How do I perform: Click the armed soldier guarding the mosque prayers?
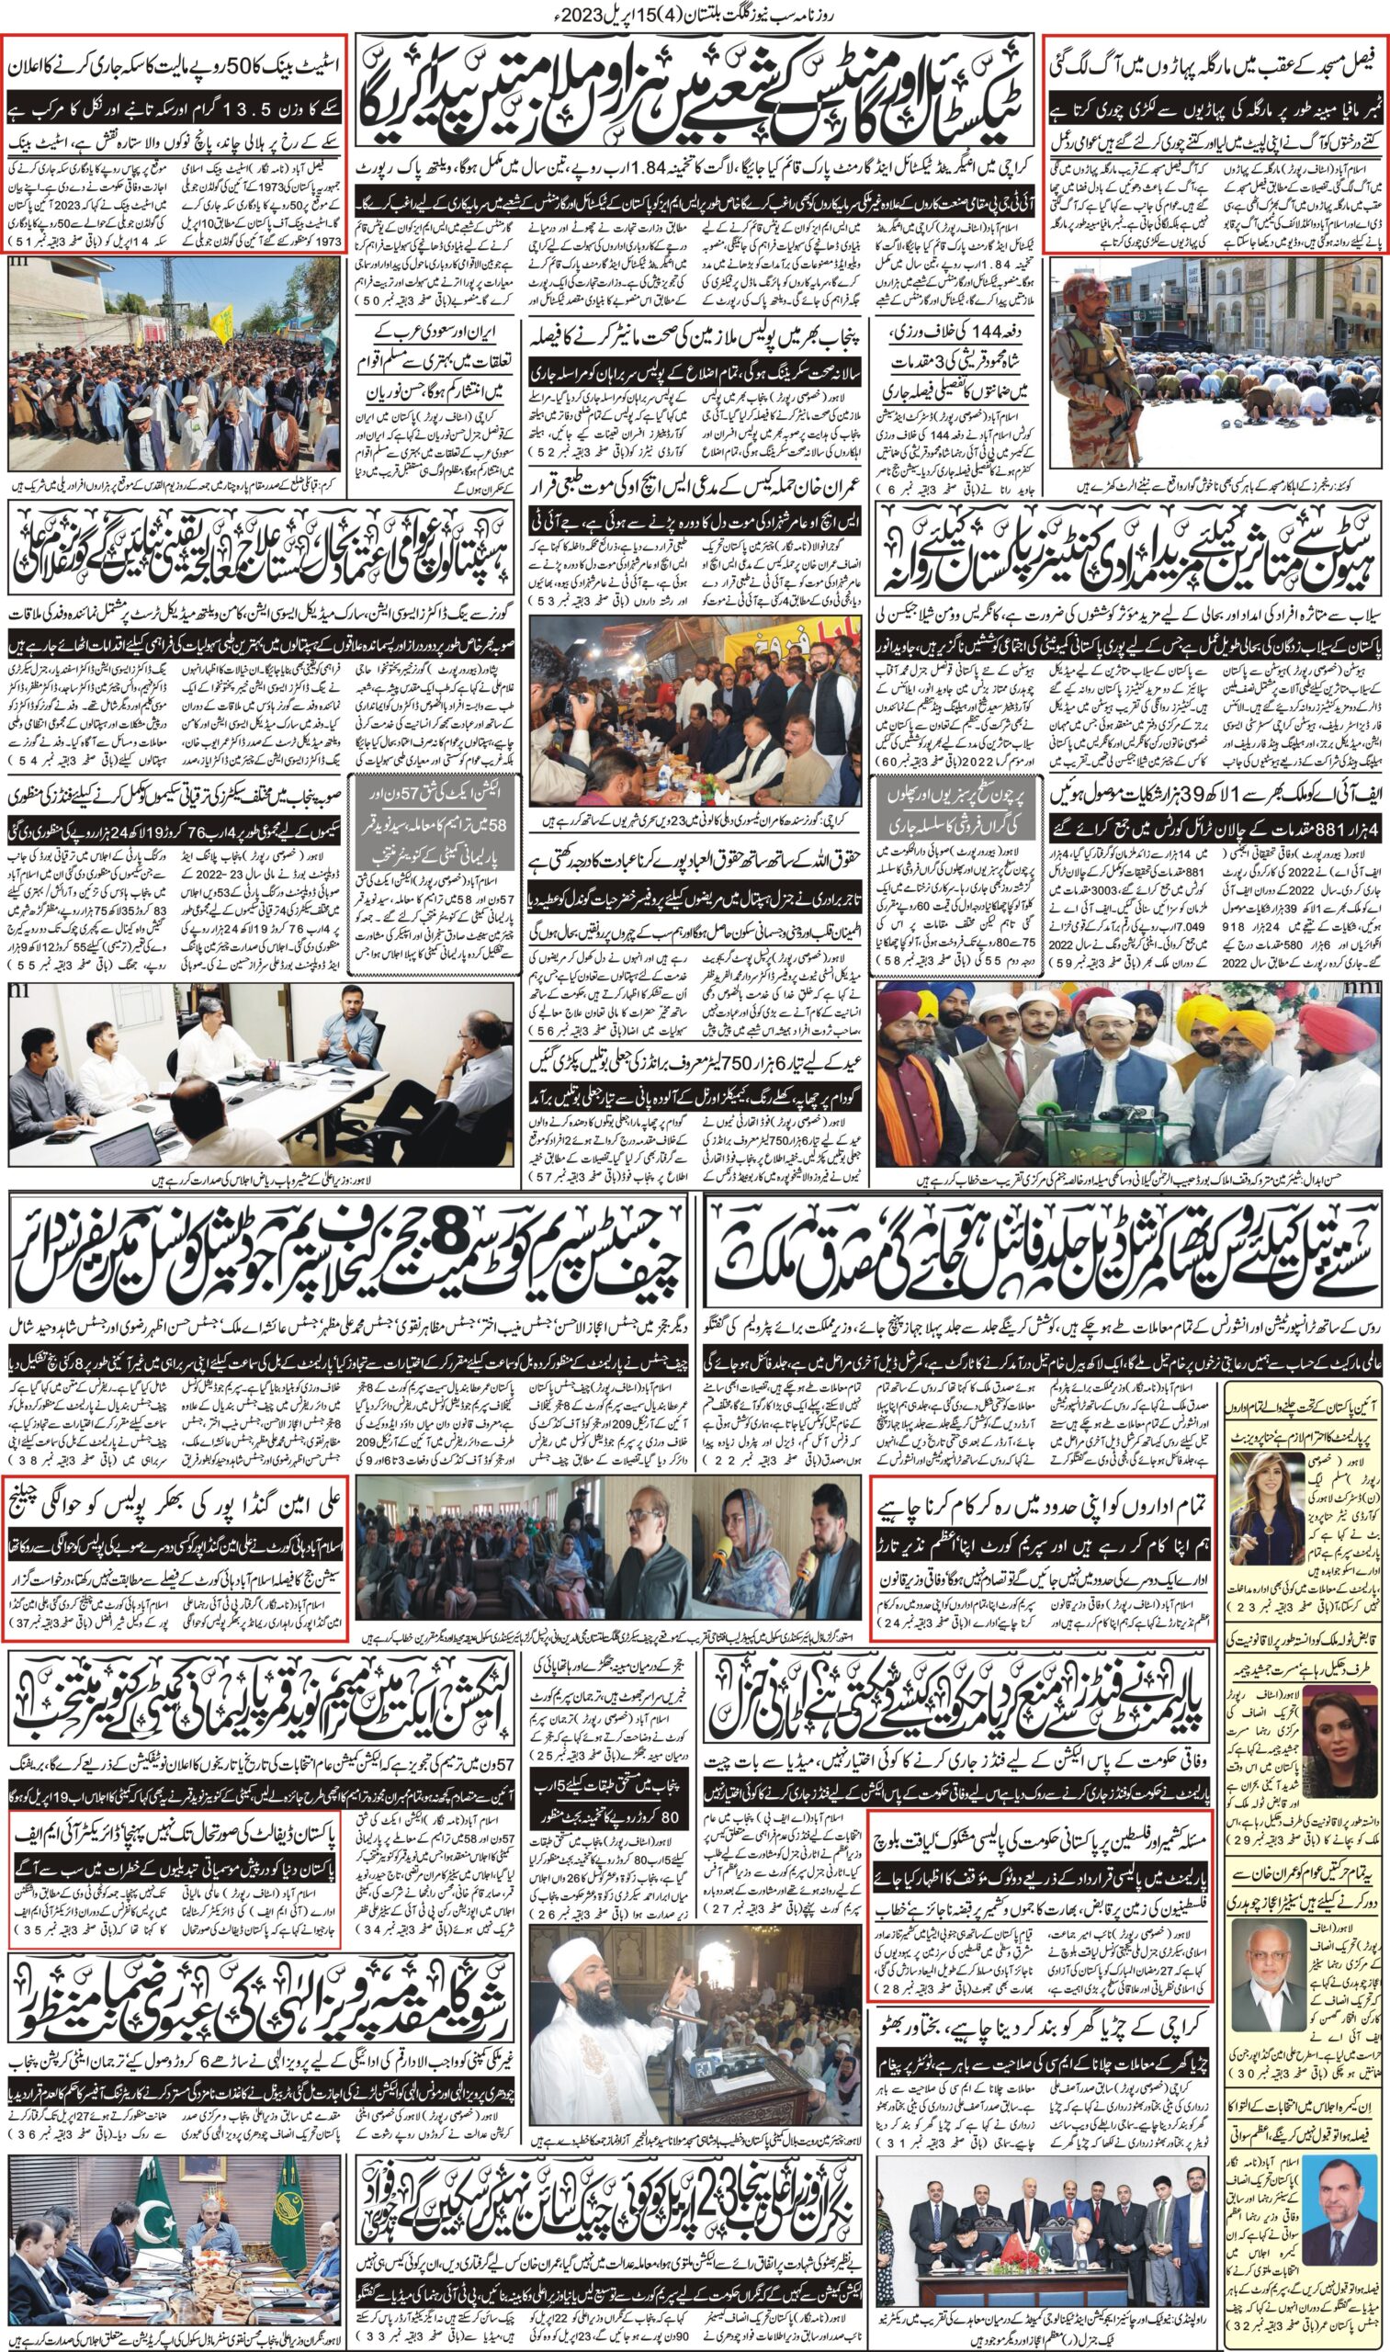(x=1097, y=356)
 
